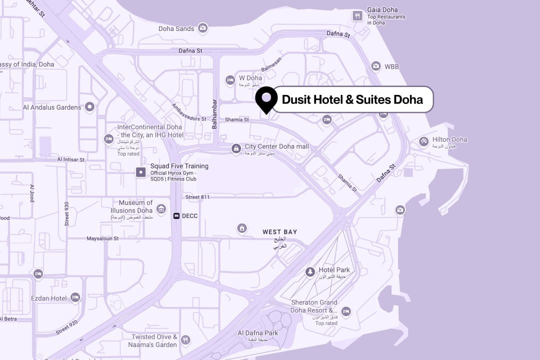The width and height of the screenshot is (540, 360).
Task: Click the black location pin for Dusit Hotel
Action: coord(266,98)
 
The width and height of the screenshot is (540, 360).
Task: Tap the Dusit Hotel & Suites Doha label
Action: coord(352,99)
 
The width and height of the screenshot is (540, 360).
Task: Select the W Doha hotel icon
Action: coord(230,79)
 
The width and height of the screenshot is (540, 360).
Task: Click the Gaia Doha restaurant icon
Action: coord(357,15)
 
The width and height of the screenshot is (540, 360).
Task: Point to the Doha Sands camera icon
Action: coord(202,28)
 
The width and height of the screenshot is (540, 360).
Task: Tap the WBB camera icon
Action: coord(375,66)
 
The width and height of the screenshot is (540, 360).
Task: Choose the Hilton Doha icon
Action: coord(424,142)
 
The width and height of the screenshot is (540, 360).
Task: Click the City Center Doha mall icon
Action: coord(235,148)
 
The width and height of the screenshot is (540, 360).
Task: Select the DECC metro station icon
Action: coord(176,216)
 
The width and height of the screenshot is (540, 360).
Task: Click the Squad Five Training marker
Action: coord(141,172)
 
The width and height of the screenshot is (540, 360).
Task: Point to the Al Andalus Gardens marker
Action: coord(89,106)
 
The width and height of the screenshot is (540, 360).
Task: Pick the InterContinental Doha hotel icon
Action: coord(108,138)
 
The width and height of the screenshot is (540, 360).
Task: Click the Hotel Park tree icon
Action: coord(310,272)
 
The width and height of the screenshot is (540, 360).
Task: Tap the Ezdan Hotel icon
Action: coord(75,297)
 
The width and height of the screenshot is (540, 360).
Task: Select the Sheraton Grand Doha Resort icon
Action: coord(345,312)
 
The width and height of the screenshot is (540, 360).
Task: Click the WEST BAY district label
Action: coord(279,232)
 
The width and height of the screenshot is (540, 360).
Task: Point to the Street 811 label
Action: coord(197,197)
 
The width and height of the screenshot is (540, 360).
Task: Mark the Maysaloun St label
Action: coord(102,238)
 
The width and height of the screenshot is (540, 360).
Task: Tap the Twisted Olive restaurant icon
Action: coord(185,340)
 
